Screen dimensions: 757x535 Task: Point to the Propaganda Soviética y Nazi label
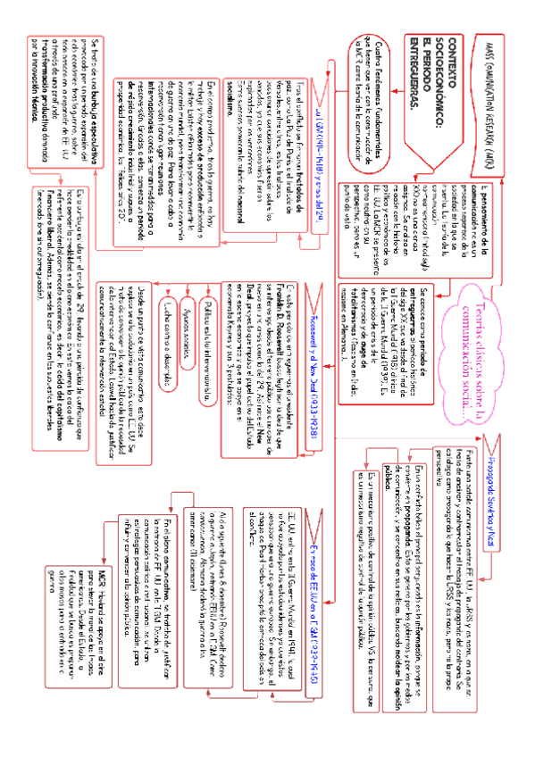click(489, 545)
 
